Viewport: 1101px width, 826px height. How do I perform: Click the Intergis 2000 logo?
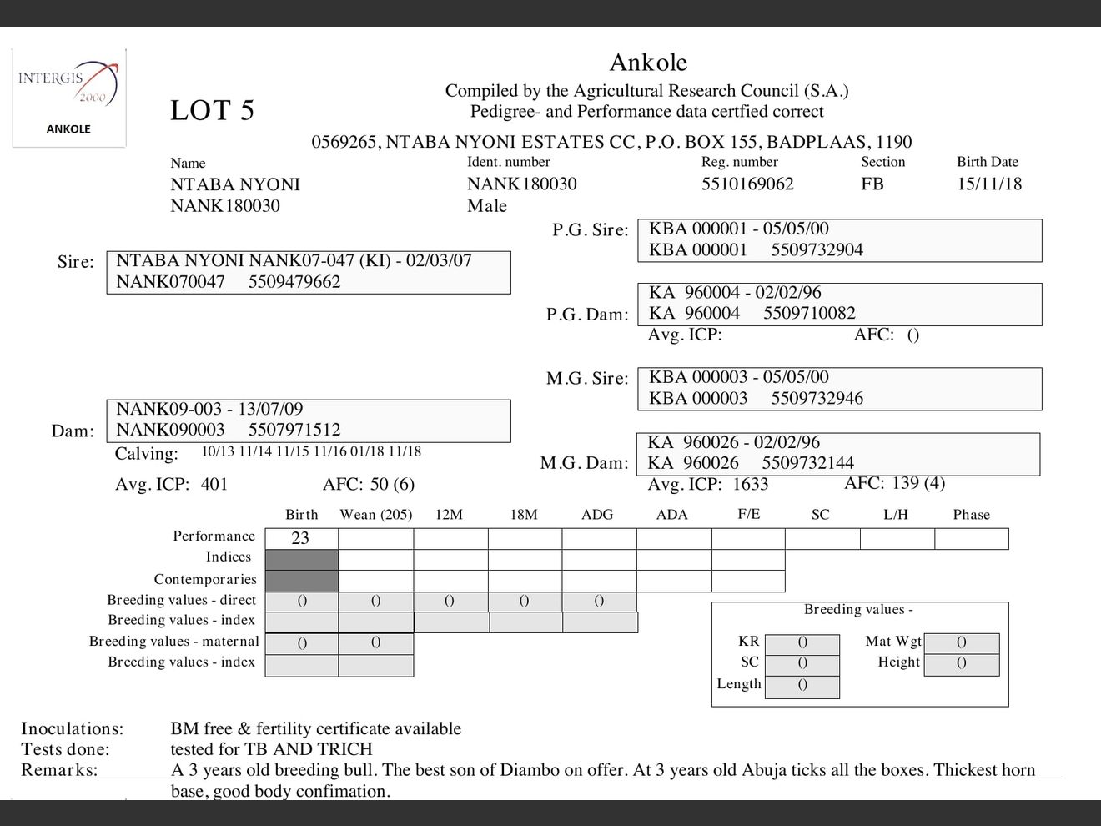tap(68, 88)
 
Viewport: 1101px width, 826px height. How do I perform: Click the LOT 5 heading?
tap(212, 111)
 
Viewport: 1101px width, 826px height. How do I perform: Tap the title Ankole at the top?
tap(648, 63)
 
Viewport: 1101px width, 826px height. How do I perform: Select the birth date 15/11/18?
tap(989, 184)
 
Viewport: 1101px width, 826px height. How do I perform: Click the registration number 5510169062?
tap(747, 184)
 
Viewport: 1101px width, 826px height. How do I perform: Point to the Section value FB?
tap(872, 184)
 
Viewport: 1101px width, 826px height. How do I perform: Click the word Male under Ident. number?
tap(487, 206)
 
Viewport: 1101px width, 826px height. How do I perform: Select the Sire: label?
tap(76, 262)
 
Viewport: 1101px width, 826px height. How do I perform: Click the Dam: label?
tap(73, 431)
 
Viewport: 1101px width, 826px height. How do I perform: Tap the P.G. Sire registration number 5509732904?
tap(817, 249)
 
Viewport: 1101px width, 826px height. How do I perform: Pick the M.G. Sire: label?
tap(587, 379)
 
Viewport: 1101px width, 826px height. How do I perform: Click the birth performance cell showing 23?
tap(300, 538)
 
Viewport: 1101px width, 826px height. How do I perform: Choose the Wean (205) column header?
tap(376, 515)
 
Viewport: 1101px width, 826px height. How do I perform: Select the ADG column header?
tap(597, 515)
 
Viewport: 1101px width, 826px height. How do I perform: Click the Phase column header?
tap(972, 515)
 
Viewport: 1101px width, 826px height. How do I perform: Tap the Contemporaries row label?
tap(205, 579)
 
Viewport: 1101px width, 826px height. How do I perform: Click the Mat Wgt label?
tap(893, 642)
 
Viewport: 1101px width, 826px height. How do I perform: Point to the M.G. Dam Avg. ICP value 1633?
tap(751, 484)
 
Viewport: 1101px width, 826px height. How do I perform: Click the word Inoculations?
tap(72, 728)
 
